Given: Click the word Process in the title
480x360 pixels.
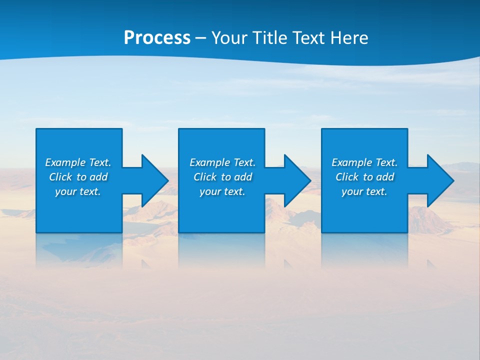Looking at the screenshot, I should [x=157, y=38].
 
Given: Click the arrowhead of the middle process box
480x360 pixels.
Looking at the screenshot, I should [x=296, y=180].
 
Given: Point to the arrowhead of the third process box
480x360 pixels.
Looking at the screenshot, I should [x=439, y=180].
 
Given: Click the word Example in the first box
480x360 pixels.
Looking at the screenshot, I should [x=65, y=162].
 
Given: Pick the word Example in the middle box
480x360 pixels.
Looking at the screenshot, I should [x=210, y=162].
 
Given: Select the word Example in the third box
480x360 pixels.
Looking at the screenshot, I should [x=352, y=162].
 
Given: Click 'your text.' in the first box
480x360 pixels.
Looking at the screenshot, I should [x=78, y=191].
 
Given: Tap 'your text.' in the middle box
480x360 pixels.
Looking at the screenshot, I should [x=222, y=191].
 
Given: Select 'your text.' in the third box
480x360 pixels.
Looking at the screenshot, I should [x=364, y=191].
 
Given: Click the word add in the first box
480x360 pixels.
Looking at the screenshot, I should [x=99, y=177].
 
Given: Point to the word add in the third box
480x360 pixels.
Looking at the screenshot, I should [x=385, y=177].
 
